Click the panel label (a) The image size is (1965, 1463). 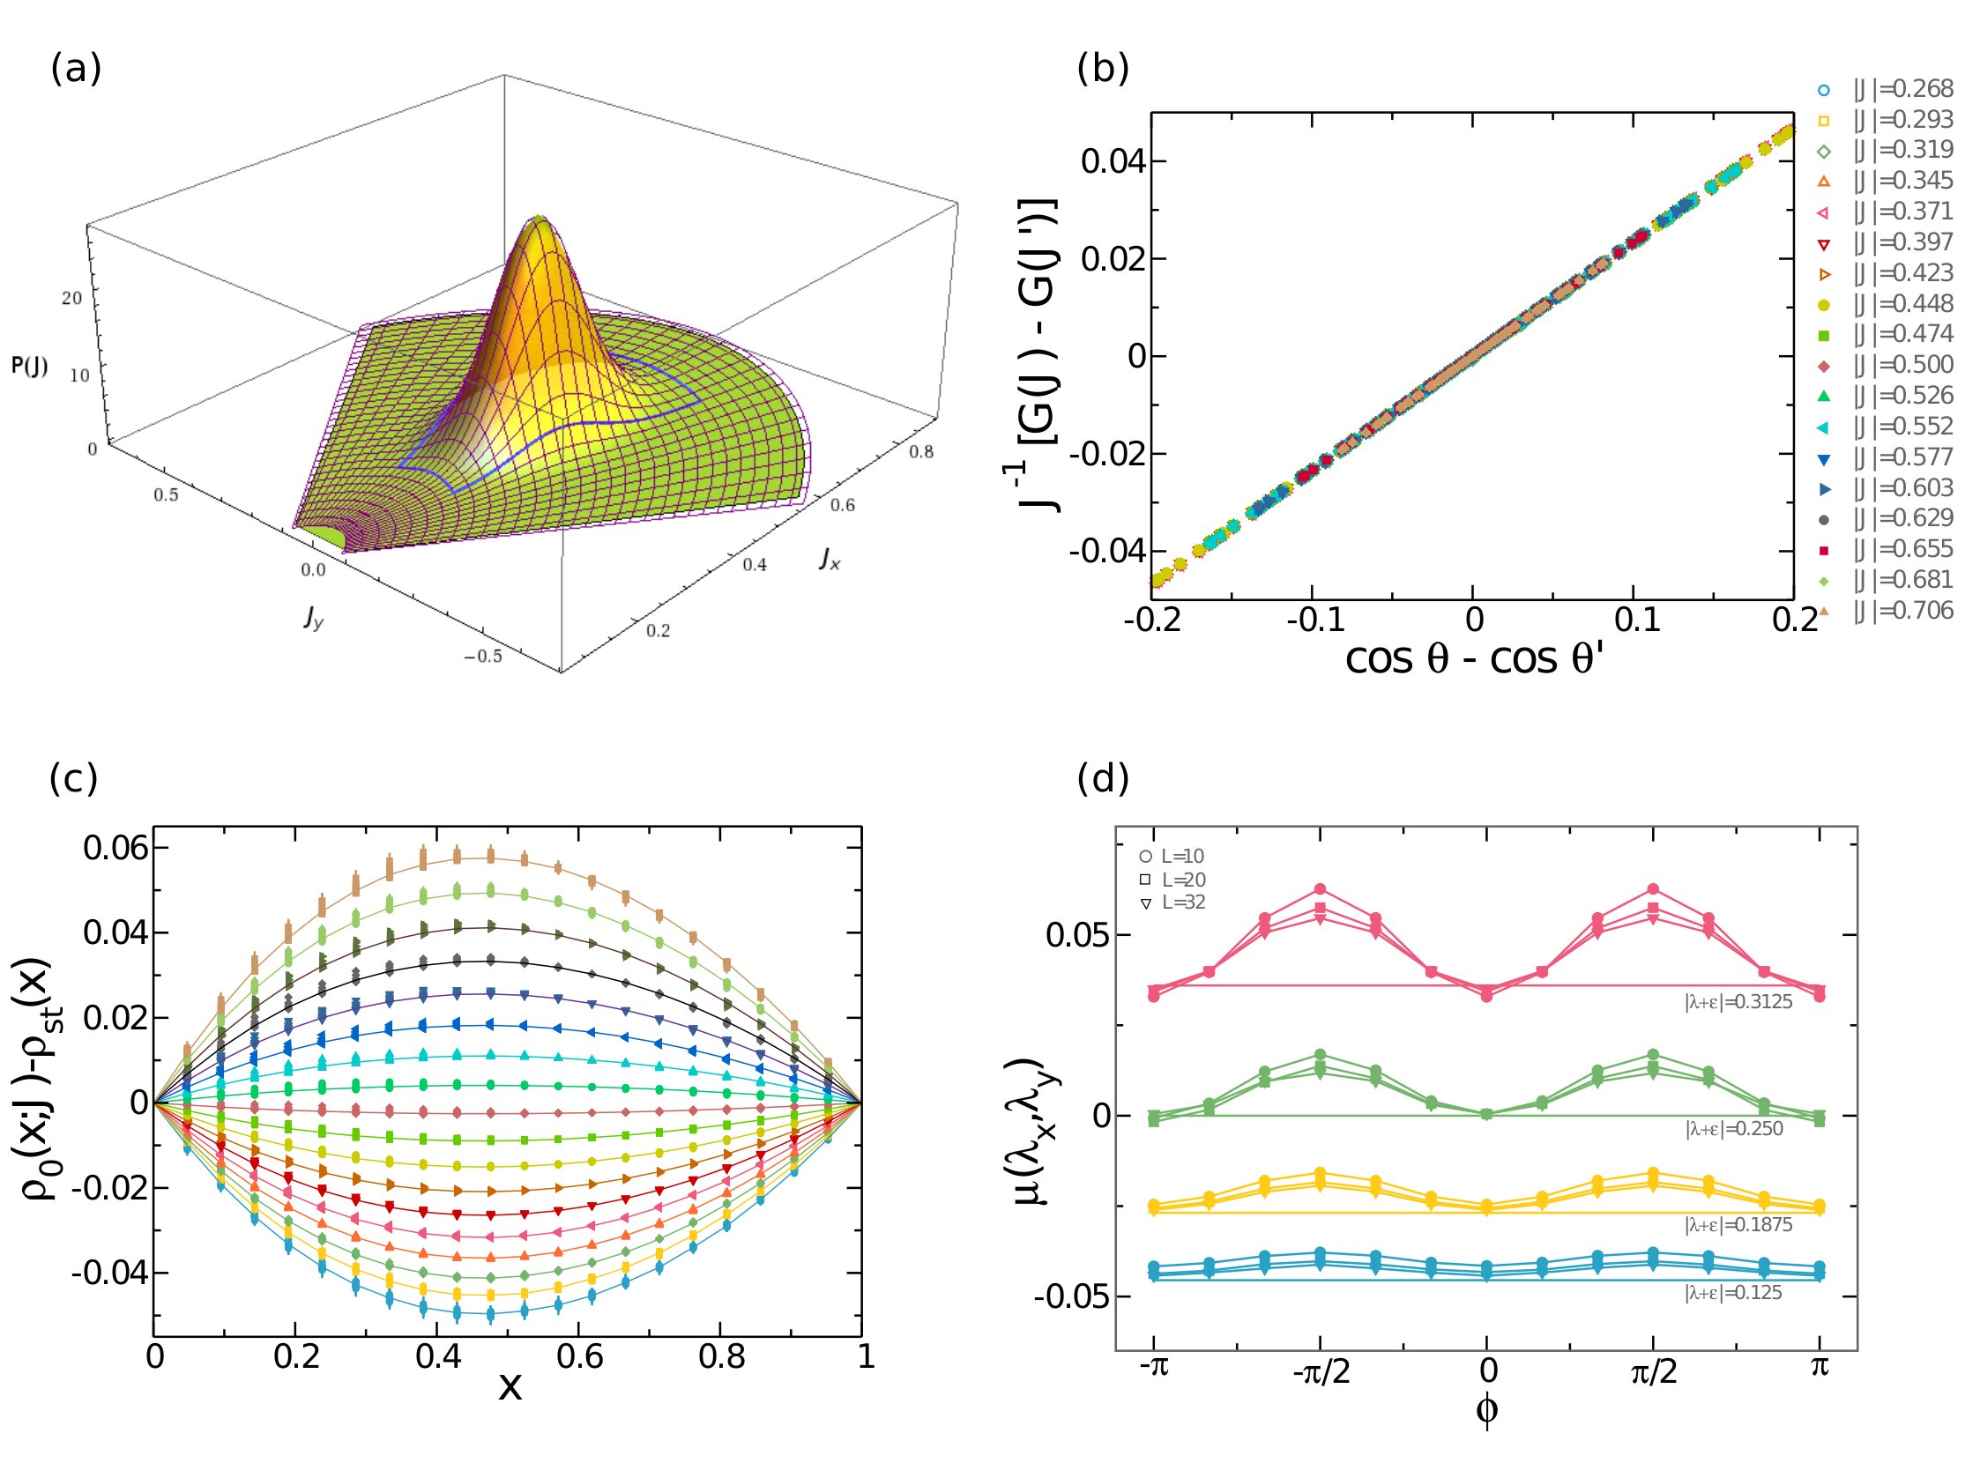76,68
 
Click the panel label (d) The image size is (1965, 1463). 1102,778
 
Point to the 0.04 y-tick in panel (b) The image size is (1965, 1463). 1113,162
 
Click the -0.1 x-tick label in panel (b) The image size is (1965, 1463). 1314,620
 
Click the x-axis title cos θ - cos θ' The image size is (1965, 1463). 1474,660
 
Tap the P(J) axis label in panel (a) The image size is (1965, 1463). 29,366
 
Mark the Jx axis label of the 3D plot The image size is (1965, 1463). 830,558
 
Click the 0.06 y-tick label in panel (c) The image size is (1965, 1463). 115,849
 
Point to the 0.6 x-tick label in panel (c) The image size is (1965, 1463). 579,1357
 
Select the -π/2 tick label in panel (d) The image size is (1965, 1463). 1321,1374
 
